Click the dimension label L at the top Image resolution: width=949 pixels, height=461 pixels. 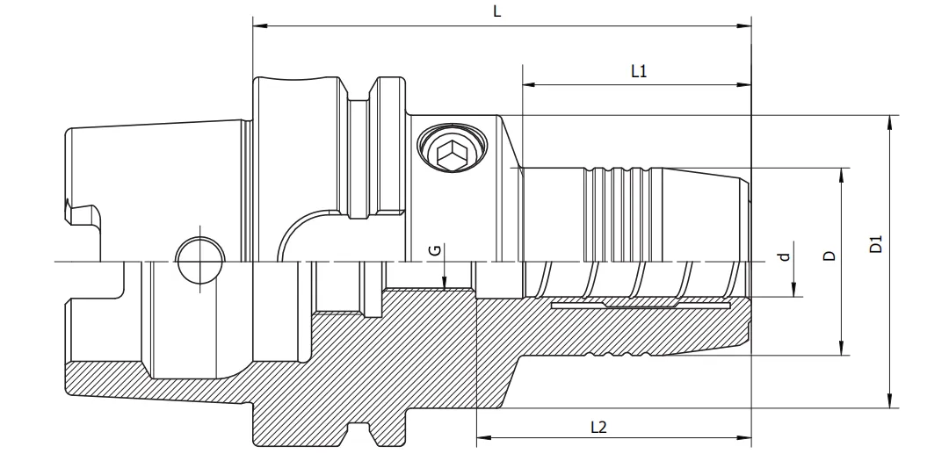tap(497, 11)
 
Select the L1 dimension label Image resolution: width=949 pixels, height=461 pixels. tap(639, 72)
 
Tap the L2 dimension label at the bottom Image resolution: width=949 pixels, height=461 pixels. tap(598, 428)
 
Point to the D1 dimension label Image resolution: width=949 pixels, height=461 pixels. tap(875, 244)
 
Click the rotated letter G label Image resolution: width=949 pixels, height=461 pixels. tap(434, 251)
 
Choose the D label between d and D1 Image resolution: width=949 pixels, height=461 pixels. tap(828, 256)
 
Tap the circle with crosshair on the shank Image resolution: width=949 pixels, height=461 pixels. tap(199, 261)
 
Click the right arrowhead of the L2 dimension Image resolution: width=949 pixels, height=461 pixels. tap(746, 438)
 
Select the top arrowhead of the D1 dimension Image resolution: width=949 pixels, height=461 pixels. tap(891, 121)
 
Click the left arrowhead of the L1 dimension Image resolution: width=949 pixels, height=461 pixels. tap(528, 85)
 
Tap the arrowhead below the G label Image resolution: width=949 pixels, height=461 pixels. tap(446, 285)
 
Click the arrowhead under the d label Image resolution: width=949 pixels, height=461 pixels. tap(794, 292)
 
